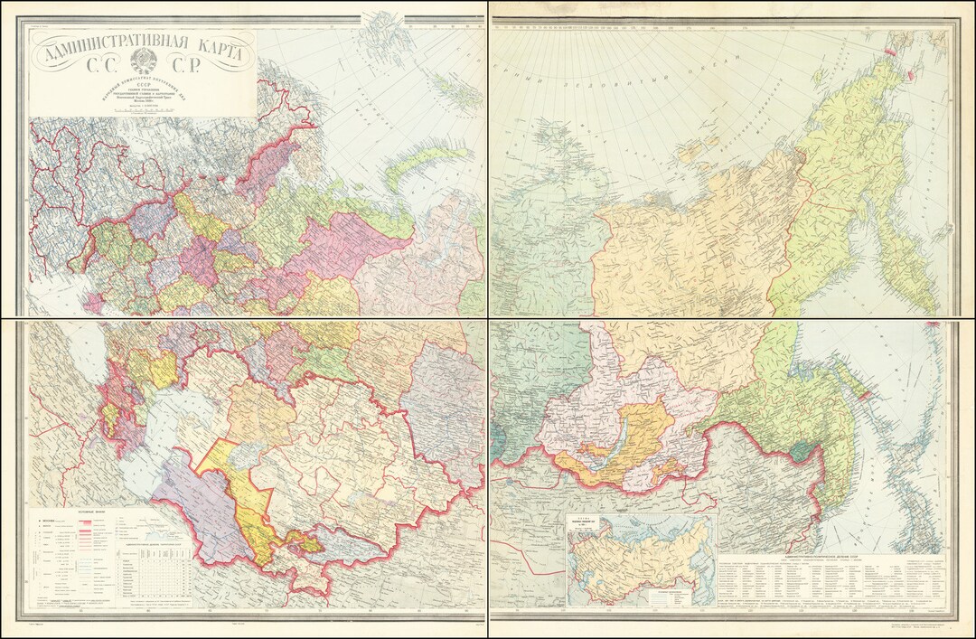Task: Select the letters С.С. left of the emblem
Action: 101,64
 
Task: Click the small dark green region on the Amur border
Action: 801,449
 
